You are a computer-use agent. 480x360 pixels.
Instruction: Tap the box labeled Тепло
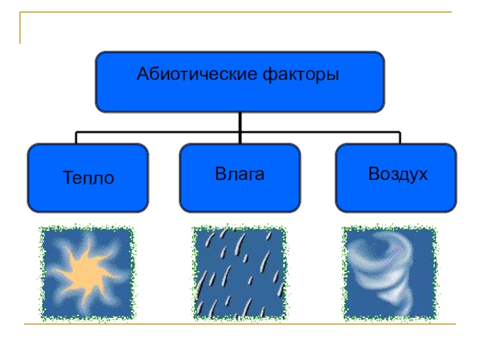[88, 178]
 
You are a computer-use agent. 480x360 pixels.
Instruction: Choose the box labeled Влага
[240, 178]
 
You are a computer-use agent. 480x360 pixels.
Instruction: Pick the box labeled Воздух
[396, 178]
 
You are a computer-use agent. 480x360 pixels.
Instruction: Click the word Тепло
[88, 178]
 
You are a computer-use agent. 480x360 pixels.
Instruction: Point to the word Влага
[240, 175]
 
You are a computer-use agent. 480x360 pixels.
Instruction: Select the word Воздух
[398, 175]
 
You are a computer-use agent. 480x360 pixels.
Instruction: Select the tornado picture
[389, 273]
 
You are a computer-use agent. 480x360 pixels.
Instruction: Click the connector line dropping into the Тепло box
[76, 138]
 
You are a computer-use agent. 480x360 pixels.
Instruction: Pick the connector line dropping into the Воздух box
[400, 138]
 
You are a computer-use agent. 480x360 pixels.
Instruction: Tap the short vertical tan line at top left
[20, 28]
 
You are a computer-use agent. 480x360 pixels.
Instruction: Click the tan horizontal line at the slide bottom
[240, 325]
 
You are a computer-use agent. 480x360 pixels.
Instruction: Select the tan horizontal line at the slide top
[240, 12]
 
